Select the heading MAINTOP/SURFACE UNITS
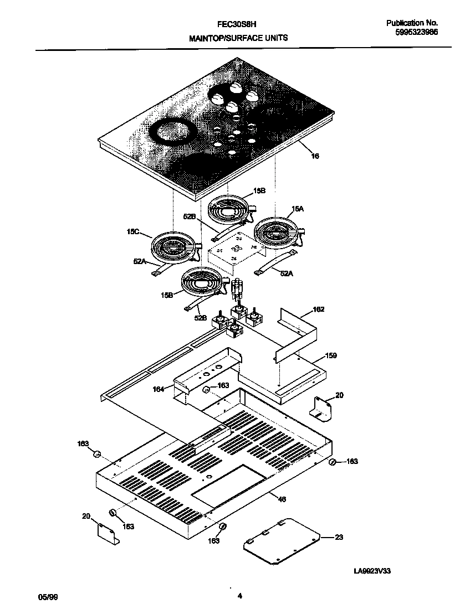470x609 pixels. (238, 38)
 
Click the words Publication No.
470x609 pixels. (412, 23)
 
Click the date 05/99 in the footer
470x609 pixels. (48, 597)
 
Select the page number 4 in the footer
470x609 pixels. (239, 596)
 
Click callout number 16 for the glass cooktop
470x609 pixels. (315, 156)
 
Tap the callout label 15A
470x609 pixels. (298, 209)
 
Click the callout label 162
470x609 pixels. (319, 309)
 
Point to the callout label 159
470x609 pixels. (331, 355)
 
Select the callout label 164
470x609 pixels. (159, 389)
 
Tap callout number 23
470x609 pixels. (339, 537)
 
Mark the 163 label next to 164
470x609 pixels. (223, 385)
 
